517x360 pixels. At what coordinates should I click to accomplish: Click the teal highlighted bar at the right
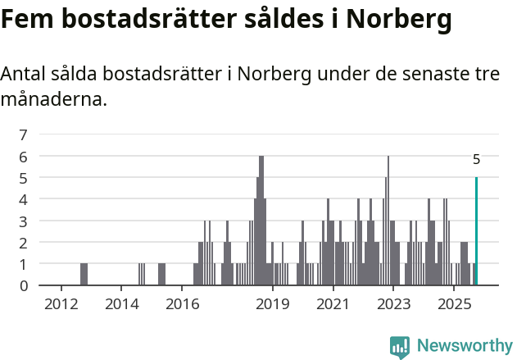coord(476,231)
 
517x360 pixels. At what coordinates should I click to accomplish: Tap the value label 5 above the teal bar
coord(476,160)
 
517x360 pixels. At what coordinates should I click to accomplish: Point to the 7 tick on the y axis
coord(24,134)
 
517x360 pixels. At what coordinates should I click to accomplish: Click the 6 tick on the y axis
coord(24,156)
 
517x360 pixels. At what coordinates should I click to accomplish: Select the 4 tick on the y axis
coord(24,199)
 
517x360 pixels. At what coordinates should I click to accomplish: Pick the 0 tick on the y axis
coord(24,285)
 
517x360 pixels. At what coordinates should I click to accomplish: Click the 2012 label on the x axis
coord(61,305)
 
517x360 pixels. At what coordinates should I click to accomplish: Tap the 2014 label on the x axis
coord(122,305)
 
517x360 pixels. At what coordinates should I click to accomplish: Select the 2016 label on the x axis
coord(183,305)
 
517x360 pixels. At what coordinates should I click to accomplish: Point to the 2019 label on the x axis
coord(273,305)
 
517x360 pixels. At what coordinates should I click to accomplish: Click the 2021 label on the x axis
coord(333,305)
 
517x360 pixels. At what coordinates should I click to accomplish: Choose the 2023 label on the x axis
coord(393,305)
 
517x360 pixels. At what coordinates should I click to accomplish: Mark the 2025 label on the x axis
coord(453,305)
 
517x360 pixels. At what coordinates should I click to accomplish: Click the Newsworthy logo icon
coord(400,346)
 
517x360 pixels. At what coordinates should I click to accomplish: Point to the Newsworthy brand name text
coord(465,346)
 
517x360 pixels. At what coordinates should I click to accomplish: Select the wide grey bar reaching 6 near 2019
coord(261,220)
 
